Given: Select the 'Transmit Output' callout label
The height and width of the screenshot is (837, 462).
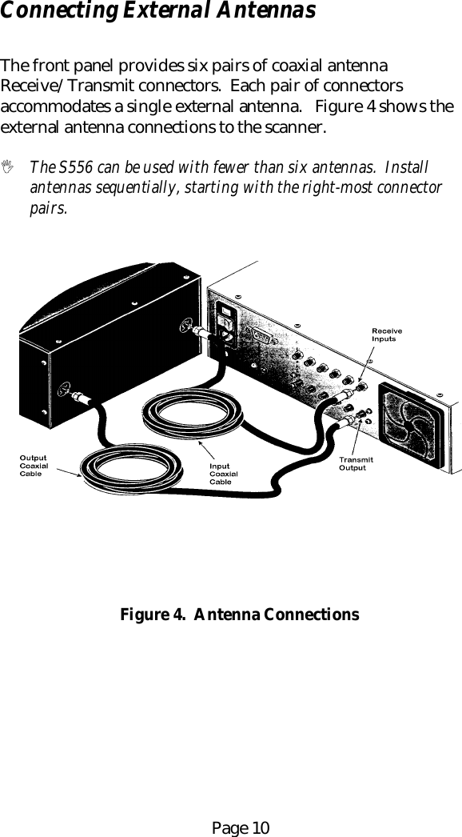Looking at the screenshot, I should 355,463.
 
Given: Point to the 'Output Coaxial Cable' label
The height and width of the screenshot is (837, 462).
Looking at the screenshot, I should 34,466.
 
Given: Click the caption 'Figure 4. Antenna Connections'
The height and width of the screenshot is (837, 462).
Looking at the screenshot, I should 239,615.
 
